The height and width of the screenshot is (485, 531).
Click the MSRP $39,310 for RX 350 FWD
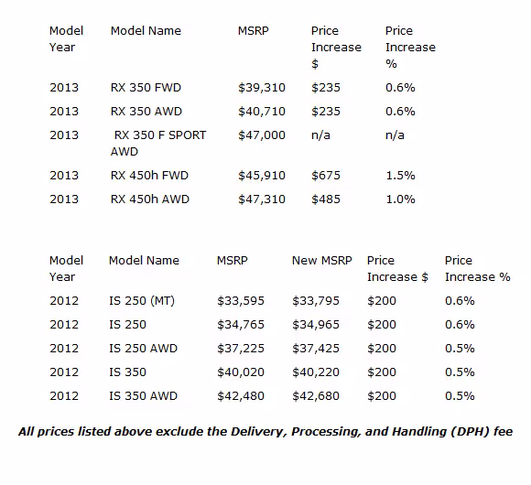[262, 88]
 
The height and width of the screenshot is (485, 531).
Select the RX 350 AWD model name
[146, 112]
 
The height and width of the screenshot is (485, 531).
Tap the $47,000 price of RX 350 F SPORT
[262, 135]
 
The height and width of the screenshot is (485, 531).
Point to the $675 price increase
[325, 176]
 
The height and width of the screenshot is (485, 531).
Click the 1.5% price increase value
[400, 176]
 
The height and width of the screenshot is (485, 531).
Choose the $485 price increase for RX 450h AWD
[325, 199]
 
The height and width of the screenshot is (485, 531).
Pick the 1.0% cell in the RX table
[400, 199]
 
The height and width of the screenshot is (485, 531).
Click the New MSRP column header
[322, 260]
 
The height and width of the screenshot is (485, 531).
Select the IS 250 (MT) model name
[142, 301]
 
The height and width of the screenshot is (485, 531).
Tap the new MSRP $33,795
[316, 301]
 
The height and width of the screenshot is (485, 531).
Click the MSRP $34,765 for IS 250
[241, 325]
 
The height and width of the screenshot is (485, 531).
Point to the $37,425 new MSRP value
[316, 349]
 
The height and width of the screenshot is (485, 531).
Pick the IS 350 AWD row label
[143, 395]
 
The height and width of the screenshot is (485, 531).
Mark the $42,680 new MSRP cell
[316, 396]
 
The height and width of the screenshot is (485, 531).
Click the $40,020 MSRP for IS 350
[241, 372]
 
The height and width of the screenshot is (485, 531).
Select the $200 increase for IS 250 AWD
[382, 349]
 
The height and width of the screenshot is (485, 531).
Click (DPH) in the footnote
[470, 432]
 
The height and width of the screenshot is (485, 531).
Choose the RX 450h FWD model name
[149, 176]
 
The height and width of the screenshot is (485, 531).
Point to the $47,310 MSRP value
[262, 199]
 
